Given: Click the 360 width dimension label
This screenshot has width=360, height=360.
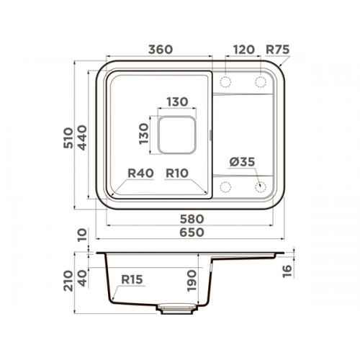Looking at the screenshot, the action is click(161, 50).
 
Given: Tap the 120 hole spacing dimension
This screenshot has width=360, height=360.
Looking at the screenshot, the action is click(243, 50).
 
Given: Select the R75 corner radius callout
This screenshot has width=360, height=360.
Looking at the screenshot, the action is click(278, 50).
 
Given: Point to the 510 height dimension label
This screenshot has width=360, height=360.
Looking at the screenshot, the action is click(68, 138).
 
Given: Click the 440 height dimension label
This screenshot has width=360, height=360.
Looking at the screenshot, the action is click(82, 138).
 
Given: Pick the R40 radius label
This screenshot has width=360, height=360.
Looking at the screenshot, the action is click(140, 173).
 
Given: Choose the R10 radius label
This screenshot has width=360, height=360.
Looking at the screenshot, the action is click(177, 173).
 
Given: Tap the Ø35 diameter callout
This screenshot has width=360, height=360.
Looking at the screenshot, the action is click(242, 162).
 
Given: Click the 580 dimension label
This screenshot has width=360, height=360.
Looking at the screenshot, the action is click(192, 219).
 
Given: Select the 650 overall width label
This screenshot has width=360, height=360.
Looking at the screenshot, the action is click(192, 233).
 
